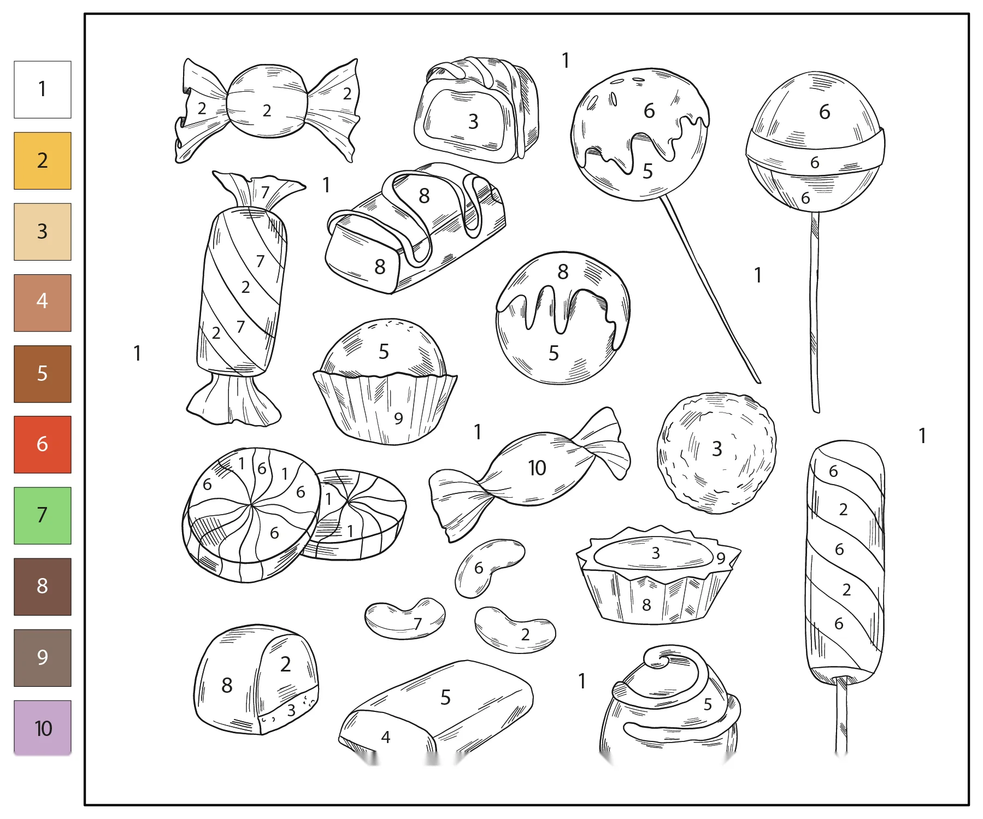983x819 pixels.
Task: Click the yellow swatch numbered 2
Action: pyautogui.click(x=43, y=161)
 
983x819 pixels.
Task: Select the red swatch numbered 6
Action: pyautogui.click(x=43, y=444)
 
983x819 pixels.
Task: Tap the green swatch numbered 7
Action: pyautogui.click(x=43, y=515)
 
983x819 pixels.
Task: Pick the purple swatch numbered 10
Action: pyautogui.click(x=43, y=728)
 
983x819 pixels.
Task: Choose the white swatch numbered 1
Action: pyautogui.click(x=43, y=90)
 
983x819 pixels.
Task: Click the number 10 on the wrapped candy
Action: pyautogui.click(x=537, y=468)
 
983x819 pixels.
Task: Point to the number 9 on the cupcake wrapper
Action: pyautogui.click(x=398, y=418)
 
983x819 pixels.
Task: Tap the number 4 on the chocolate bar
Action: pyautogui.click(x=386, y=737)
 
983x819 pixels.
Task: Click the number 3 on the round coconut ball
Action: pyautogui.click(x=717, y=449)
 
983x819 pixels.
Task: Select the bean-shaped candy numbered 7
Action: pyautogui.click(x=405, y=618)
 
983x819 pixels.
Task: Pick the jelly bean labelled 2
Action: pyautogui.click(x=515, y=630)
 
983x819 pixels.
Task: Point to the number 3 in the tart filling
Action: pyautogui.click(x=656, y=553)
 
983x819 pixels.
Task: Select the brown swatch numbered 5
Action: pyautogui.click(x=43, y=374)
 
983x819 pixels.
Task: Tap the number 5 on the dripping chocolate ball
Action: pyautogui.click(x=554, y=353)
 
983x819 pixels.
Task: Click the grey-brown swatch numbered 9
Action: pyautogui.click(x=43, y=657)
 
